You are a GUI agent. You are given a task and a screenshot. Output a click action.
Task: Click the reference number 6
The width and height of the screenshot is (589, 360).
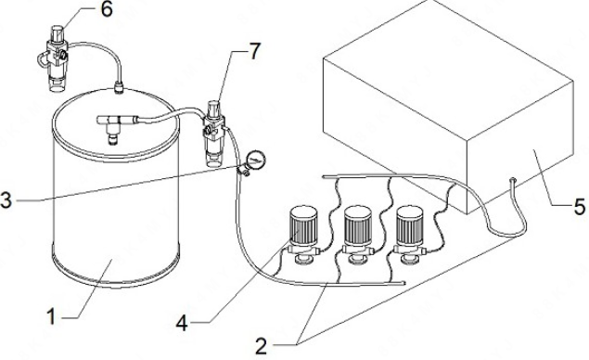(107, 9)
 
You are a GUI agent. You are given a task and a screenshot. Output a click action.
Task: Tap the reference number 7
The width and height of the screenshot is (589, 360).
(255, 51)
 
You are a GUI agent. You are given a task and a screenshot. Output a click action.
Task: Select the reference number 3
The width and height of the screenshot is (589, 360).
(6, 200)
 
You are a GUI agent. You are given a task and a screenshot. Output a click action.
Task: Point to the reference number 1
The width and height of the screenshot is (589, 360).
(51, 316)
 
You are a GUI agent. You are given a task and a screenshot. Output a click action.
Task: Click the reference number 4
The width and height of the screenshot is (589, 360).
(183, 323)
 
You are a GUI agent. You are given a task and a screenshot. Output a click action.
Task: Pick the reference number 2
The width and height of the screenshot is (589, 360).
(261, 346)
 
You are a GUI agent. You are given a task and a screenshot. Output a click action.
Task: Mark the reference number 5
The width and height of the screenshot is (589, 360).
(580, 207)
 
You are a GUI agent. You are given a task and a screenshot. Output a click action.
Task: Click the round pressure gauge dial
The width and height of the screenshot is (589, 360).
(256, 160)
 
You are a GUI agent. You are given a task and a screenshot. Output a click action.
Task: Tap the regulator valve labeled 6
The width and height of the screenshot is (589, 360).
(57, 58)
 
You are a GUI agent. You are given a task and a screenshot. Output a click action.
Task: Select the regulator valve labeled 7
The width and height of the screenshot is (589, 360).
(214, 134)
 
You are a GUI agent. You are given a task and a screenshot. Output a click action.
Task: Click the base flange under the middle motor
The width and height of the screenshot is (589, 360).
(358, 259)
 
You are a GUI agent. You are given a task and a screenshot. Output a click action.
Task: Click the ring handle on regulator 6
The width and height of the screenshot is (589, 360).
(43, 60)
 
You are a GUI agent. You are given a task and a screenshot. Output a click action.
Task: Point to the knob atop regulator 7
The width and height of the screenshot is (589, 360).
(214, 108)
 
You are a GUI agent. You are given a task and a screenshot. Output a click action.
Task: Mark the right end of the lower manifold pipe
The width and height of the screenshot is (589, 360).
(403, 283)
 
